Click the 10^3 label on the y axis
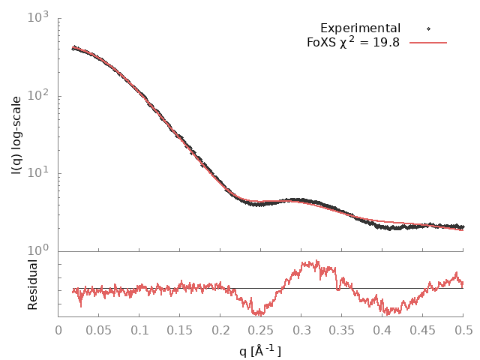pyautogui.click(x=39, y=17)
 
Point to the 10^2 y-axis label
pyautogui.click(x=39, y=95)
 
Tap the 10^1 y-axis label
pyautogui.click(x=39, y=173)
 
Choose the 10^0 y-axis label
pyautogui.click(x=39, y=250)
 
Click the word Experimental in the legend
pyautogui.click(x=360, y=28)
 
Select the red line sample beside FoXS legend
pyautogui.click(x=428, y=43)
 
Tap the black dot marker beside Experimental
pyautogui.click(x=428, y=28)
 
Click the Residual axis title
pyautogui.click(x=33, y=284)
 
